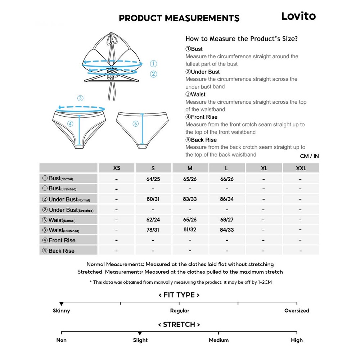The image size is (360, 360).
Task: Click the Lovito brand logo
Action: (x=298, y=16)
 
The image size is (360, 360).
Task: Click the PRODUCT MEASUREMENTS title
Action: (x=179, y=18)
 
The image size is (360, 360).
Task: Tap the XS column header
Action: (x=117, y=168)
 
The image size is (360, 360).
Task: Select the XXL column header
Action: (x=301, y=168)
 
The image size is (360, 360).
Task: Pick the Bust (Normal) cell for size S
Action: (x=153, y=179)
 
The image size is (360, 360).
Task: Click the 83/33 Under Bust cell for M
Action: (x=190, y=199)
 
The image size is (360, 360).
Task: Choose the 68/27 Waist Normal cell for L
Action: (x=227, y=219)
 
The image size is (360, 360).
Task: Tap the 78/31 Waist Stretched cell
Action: (x=153, y=230)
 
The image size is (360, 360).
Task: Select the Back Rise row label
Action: (x=59, y=251)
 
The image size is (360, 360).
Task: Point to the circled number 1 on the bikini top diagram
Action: (x=153, y=64)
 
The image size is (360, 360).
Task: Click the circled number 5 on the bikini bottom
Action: (x=135, y=124)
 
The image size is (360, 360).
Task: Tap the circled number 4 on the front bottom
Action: (x=70, y=124)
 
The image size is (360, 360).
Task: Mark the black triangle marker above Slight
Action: (x=140, y=334)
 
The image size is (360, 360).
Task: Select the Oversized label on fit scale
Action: (x=297, y=310)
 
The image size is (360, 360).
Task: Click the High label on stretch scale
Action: (x=297, y=340)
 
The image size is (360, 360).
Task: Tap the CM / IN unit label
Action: (x=309, y=156)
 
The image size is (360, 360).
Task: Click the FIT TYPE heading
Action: (x=179, y=295)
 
